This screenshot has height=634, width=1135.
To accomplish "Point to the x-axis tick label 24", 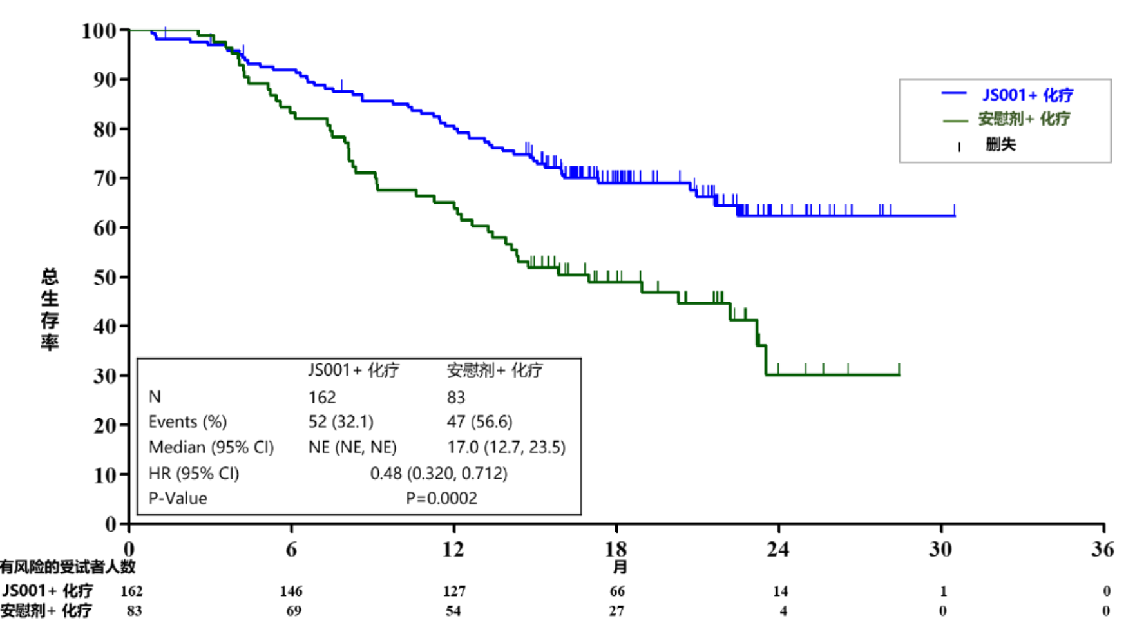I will coord(778,550).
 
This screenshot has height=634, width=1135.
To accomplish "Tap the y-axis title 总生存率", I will coord(50,309).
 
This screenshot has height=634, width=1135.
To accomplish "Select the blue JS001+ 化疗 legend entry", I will coord(1027,95).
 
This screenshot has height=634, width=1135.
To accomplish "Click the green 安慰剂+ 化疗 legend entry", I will coord(1024,119).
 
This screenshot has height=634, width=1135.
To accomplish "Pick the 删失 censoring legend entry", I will coord(1000,145).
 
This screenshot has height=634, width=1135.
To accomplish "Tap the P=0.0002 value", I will coord(441,498).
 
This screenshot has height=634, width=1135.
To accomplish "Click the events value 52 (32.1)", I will coord(341,422).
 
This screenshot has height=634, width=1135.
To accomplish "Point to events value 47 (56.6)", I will coord(479,422).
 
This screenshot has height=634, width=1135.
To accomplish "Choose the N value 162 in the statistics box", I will coord(322,397).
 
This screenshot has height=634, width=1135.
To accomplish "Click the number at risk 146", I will coord(291,591).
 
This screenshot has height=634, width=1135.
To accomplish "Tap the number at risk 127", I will coord(454,591).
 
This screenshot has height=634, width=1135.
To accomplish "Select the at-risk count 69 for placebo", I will coord(294,611).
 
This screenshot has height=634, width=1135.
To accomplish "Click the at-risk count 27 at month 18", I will coord(616,611).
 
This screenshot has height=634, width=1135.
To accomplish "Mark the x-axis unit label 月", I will coord(619,567).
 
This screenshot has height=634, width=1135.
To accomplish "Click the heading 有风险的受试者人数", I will coord(68,567).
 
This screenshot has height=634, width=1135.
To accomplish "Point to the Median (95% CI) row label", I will coord(211,447).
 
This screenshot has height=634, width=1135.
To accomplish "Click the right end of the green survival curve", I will coord(899,374).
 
